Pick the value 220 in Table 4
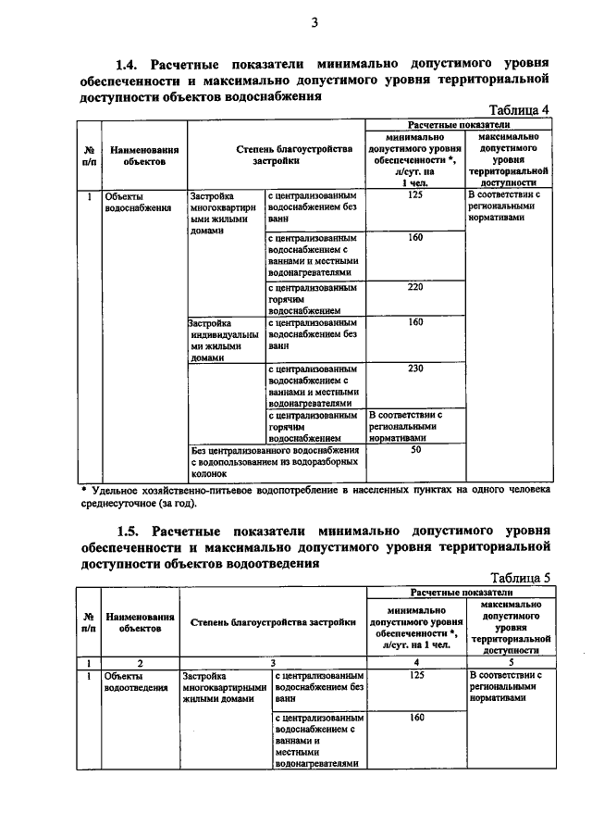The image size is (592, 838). [414, 287]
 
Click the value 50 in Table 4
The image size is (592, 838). [414, 449]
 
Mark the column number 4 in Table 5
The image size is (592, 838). [414, 662]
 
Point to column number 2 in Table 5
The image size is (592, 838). [140, 662]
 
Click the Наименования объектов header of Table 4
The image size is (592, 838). [143, 154]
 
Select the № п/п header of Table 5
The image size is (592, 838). [88, 620]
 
